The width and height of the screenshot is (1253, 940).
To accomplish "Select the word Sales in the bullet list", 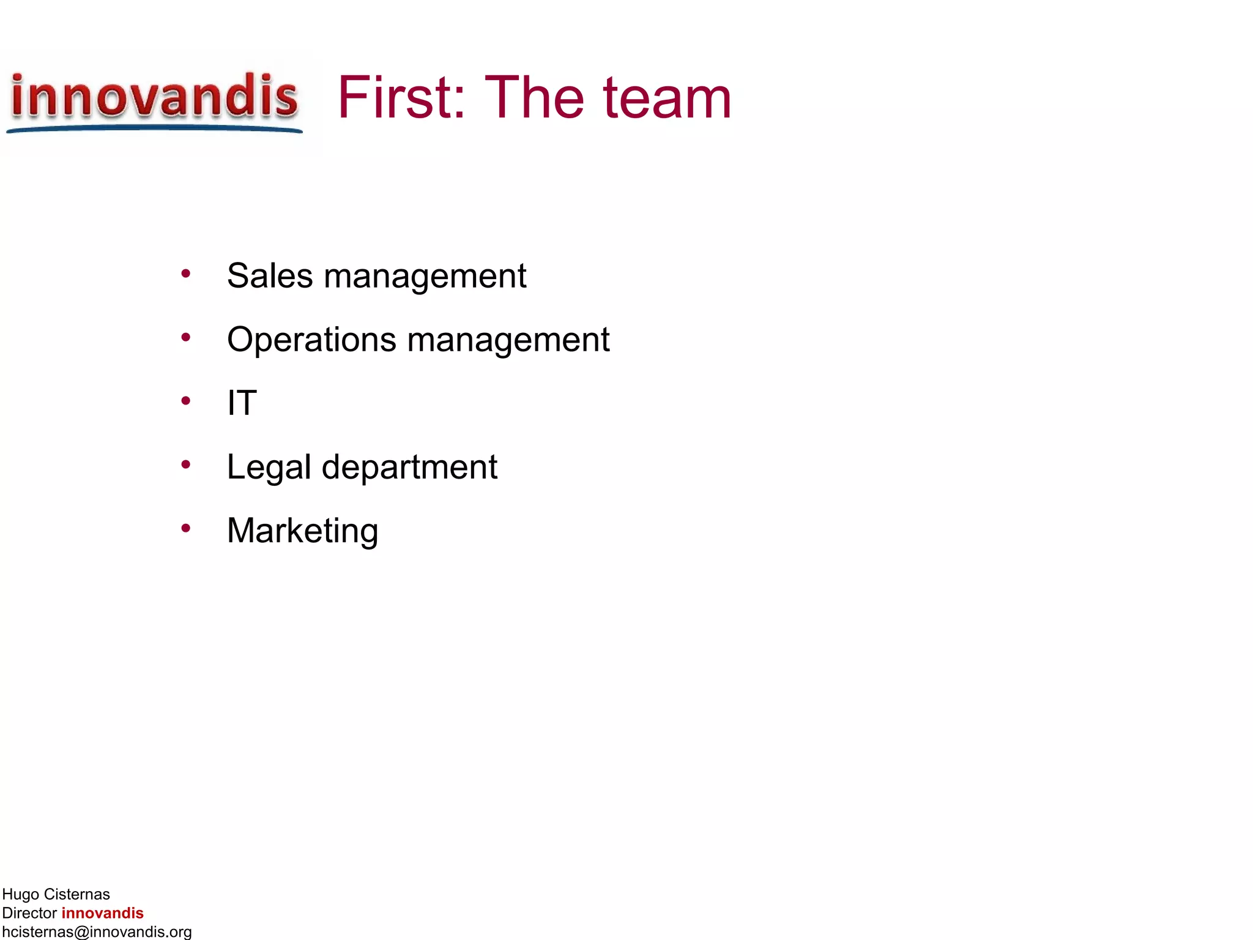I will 270,276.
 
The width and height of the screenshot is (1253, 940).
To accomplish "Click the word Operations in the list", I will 311,340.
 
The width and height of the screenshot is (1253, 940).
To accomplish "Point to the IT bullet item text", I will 242,403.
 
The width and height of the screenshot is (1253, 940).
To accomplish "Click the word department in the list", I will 409,468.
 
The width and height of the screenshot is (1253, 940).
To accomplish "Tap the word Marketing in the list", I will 302,531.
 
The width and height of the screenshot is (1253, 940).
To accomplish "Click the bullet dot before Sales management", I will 186,274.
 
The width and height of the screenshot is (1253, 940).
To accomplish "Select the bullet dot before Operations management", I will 186,337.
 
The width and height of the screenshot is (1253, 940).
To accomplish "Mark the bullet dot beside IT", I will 186,401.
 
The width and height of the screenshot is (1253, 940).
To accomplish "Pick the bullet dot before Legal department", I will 186,464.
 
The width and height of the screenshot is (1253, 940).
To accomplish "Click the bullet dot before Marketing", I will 186,528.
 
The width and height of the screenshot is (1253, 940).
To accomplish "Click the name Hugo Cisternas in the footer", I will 56,894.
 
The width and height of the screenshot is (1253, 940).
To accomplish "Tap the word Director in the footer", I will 29,913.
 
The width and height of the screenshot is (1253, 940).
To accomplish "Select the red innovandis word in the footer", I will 102,913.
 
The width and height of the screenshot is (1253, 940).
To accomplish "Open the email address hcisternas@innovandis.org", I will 97,932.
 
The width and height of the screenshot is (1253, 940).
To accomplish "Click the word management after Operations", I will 508,340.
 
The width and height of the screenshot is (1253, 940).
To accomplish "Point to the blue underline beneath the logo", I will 154,129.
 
